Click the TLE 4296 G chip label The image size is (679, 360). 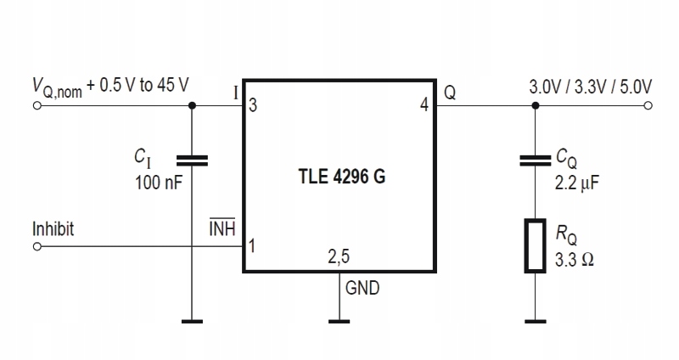[342, 177]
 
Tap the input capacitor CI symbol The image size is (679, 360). [193, 160]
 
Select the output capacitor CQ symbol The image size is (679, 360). [536, 160]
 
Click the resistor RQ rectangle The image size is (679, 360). [536, 246]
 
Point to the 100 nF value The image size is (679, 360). [159, 183]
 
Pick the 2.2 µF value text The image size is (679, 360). [577, 183]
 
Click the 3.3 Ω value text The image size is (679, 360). [575, 260]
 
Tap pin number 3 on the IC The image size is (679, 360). [253, 105]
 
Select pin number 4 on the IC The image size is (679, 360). [424, 104]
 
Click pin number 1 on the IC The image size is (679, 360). [252, 246]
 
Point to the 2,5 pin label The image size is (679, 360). [339, 256]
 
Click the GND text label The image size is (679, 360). [362, 288]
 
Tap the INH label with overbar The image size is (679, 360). [222, 228]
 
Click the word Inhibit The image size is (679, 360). [53, 228]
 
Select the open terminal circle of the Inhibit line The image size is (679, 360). [37, 246]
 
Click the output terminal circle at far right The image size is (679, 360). [648, 105]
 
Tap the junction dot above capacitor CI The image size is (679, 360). [193, 105]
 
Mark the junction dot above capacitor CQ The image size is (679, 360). [536, 105]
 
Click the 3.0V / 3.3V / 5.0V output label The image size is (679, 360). [590, 87]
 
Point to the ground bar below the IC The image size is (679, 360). [339, 322]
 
